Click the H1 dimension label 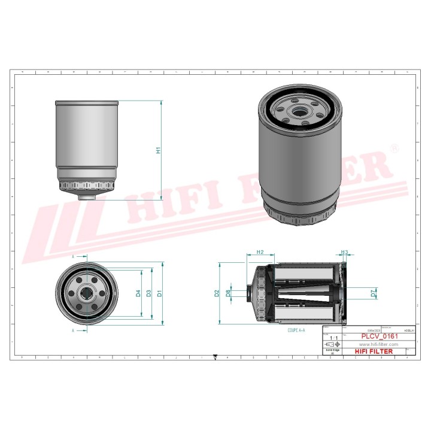point(159,151)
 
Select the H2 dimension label point(260,252)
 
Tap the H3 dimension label point(344,252)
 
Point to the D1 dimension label point(159,293)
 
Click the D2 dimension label point(217,293)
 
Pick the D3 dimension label point(148,293)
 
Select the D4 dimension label point(138,293)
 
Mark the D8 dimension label point(228,293)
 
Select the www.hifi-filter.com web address point(378,345)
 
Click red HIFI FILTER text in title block point(374,351)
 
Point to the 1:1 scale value point(332,338)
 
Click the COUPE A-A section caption point(296,330)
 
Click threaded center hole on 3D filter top point(298,111)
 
